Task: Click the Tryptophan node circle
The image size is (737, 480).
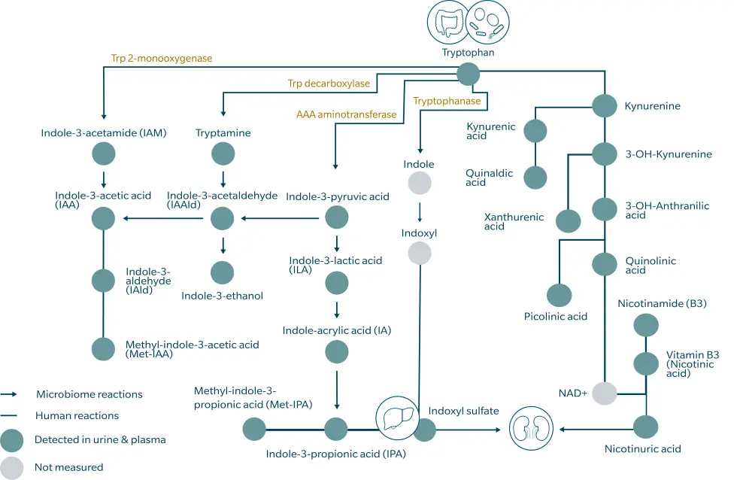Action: coord(469,73)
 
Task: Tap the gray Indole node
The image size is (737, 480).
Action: coord(420,182)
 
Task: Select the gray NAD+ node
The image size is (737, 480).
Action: coord(604,393)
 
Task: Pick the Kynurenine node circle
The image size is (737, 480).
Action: coord(605,106)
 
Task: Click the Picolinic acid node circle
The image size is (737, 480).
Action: coord(559,296)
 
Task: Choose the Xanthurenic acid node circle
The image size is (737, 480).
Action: coord(568,221)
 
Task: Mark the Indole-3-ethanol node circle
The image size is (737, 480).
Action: coord(222,272)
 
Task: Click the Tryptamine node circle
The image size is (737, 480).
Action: coord(223,155)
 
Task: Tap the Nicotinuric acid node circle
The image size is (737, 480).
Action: coord(646,427)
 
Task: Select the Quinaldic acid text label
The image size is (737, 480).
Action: coord(489,178)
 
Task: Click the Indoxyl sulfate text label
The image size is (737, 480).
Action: coord(463,411)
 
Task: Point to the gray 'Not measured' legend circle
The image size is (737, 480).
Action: coord(13,466)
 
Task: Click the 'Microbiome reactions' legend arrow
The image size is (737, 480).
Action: coord(9,394)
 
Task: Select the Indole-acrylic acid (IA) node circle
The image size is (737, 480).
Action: coord(336,351)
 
